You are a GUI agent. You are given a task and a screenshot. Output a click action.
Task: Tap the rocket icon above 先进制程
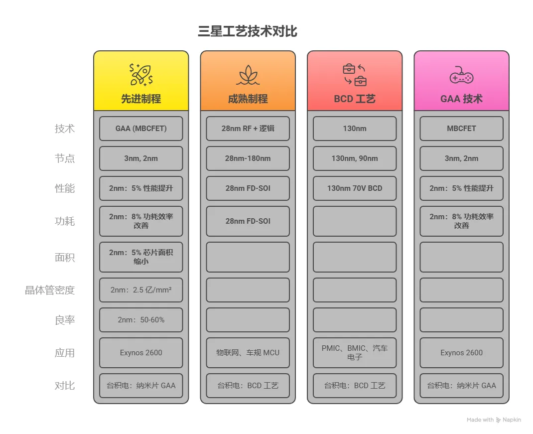[141, 75]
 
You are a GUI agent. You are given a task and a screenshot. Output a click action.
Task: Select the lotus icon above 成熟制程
[248, 75]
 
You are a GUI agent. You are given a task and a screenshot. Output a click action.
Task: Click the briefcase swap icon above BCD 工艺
[355, 75]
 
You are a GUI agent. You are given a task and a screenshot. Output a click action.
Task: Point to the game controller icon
[461, 76]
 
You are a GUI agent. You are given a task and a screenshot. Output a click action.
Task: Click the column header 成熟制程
[248, 99]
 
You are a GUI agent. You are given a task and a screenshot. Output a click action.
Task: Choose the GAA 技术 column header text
[461, 99]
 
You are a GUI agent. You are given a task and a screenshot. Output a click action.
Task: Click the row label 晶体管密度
[50, 290]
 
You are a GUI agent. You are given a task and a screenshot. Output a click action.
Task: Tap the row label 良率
[65, 320]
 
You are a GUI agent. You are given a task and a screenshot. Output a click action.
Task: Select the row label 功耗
[65, 221]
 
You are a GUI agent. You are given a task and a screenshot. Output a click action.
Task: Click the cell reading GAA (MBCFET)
[141, 129]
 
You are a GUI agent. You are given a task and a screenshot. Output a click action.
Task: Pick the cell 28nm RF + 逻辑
[248, 129]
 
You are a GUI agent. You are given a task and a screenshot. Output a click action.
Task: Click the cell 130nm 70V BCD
[355, 188]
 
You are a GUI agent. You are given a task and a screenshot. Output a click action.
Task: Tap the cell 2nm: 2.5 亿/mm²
[141, 290]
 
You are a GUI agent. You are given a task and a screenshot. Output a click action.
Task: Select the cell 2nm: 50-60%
[141, 320]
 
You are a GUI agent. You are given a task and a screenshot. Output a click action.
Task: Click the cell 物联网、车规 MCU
[248, 353]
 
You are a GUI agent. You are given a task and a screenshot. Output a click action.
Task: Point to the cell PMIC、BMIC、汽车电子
[355, 353]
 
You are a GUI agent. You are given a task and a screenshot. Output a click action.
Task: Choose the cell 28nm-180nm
[248, 158]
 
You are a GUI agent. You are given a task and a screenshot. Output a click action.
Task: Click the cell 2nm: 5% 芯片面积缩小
[141, 257]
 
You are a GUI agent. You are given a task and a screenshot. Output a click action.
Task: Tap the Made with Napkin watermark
[494, 420]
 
